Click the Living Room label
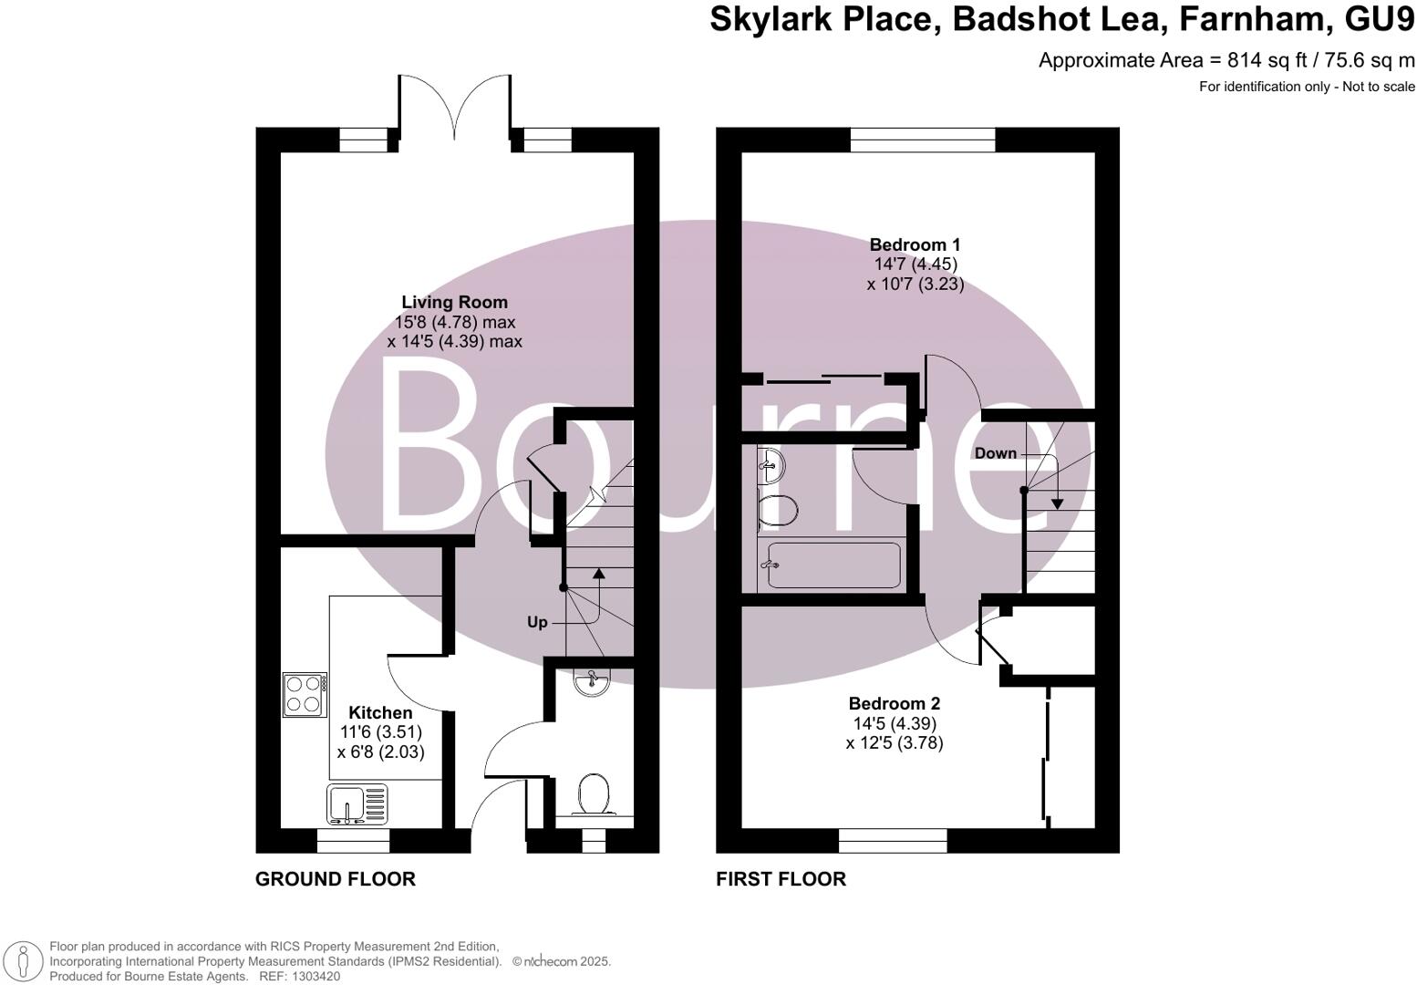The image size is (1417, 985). pyautogui.click(x=454, y=302)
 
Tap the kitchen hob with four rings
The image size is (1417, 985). pyautogui.click(x=305, y=694)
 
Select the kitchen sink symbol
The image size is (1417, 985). pyautogui.click(x=357, y=805)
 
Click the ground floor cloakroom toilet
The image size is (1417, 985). pyautogui.click(x=594, y=793)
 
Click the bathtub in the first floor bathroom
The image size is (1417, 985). pyautogui.click(x=833, y=565)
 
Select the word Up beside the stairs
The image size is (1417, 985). pyautogui.click(x=537, y=622)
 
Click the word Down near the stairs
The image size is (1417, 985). pyautogui.click(x=995, y=453)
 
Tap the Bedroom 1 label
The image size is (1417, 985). pyautogui.click(x=915, y=244)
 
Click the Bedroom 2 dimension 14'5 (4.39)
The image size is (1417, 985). pyautogui.click(x=895, y=723)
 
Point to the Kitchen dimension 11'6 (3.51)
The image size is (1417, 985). pyautogui.click(x=380, y=732)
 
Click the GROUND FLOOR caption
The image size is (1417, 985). pyautogui.click(x=335, y=879)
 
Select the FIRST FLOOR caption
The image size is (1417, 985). pyautogui.click(x=781, y=879)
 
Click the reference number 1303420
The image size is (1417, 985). pyautogui.click(x=313, y=976)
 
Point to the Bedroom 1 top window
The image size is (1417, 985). pyautogui.click(x=922, y=140)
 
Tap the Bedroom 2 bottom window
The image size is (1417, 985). pyautogui.click(x=893, y=840)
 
